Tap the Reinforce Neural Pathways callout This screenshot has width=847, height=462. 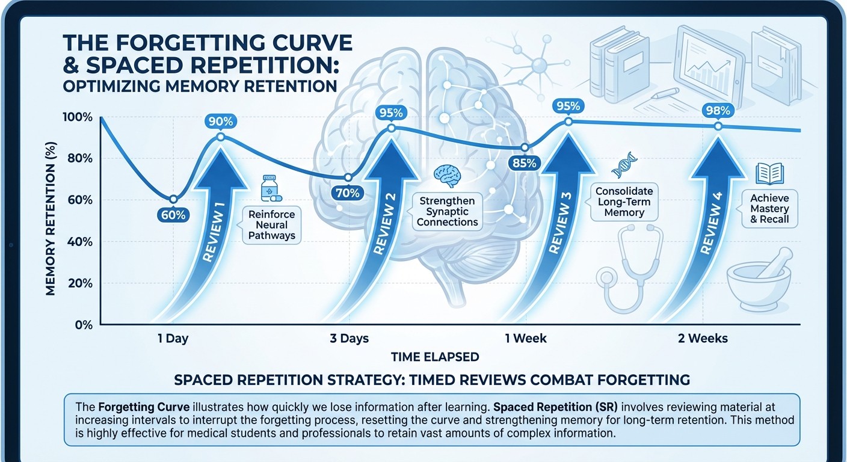click(272, 225)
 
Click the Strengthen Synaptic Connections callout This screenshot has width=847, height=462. click(447, 211)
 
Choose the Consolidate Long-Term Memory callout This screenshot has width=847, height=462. click(624, 202)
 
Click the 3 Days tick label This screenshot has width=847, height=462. click(349, 338)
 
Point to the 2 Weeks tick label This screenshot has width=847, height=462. click(702, 338)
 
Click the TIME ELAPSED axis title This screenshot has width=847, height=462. click(435, 357)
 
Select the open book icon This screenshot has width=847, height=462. click(769, 173)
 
